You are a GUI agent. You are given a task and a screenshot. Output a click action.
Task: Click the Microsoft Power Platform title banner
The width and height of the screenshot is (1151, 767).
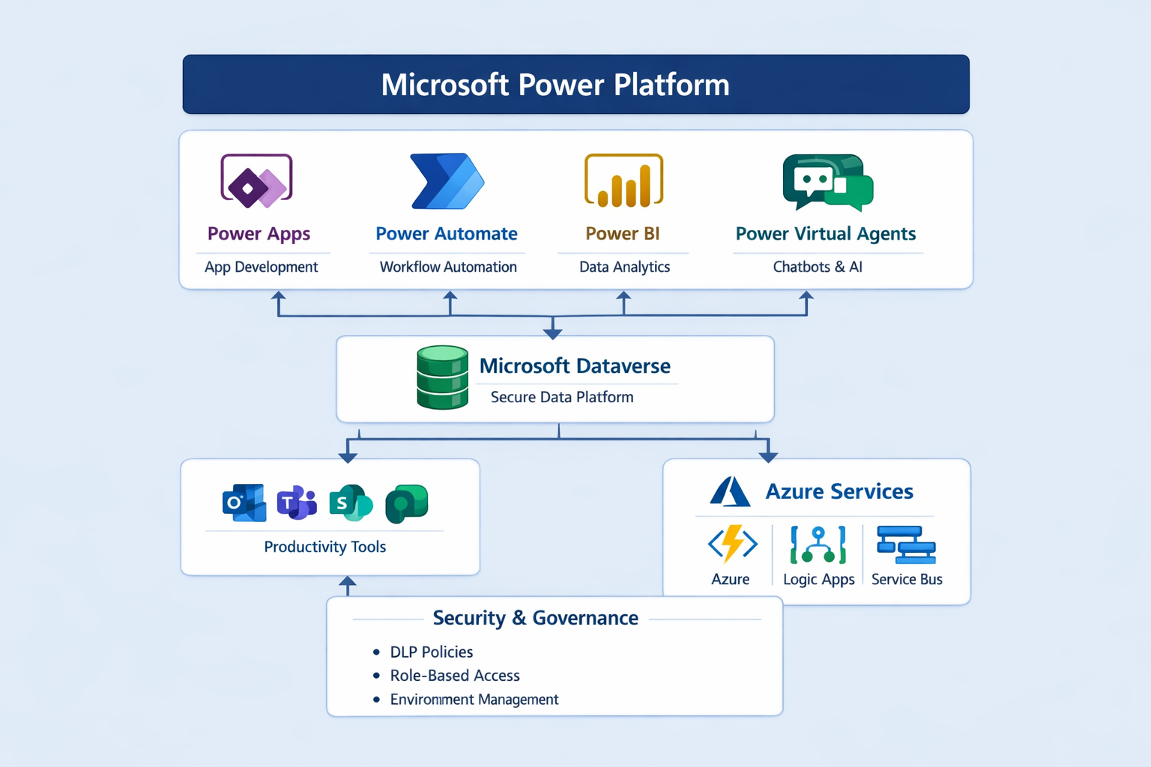pyautogui.click(x=575, y=85)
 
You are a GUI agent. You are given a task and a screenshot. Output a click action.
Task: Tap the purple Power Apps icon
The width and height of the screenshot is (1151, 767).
pyautogui.click(x=256, y=181)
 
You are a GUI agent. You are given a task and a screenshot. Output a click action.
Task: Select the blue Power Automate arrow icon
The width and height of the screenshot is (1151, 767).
pyautogui.click(x=447, y=181)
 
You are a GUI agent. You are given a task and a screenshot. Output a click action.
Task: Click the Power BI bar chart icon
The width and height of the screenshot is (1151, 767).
pyautogui.click(x=623, y=181)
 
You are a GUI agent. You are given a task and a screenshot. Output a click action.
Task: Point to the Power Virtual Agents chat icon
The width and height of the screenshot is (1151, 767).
pyautogui.click(x=827, y=183)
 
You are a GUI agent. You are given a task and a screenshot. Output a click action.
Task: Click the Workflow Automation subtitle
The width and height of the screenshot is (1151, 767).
pyautogui.click(x=448, y=267)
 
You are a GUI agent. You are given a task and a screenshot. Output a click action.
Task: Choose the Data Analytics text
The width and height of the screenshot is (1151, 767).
pyautogui.click(x=624, y=267)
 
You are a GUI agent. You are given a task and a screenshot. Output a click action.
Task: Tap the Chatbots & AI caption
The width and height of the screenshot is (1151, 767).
pyautogui.click(x=818, y=267)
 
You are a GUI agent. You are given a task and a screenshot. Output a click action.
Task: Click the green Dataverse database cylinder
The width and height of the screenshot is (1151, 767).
pyautogui.click(x=442, y=378)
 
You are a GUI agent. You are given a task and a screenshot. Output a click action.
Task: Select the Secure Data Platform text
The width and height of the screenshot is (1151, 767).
pyautogui.click(x=562, y=397)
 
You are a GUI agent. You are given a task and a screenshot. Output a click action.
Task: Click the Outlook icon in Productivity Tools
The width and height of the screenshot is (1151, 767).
pyautogui.click(x=244, y=503)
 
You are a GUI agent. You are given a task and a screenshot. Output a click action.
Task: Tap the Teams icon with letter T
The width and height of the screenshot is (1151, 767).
pyautogui.click(x=297, y=503)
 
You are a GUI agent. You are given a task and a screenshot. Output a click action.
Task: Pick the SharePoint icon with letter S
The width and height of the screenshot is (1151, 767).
pyautogui.click(x=350, y=503)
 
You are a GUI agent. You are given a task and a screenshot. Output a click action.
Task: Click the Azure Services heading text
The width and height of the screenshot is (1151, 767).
pyautogui.click(x=839, y=491)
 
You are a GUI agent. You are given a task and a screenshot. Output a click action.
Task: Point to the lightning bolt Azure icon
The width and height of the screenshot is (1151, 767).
pyautogui.click(x=732, y=544)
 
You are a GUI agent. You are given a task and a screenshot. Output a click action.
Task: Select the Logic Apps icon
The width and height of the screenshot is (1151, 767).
pyautogui.click(x=818, y=545)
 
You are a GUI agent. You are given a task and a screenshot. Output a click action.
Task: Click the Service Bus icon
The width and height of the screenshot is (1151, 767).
pyautogui.click(x=906, y=545)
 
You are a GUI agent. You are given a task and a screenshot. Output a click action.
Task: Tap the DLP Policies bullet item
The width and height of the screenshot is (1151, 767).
pyautogui.click(x=431, y=652)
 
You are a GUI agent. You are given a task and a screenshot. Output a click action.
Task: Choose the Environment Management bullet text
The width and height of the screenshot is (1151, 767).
pyautogui.click(x=474, y=700)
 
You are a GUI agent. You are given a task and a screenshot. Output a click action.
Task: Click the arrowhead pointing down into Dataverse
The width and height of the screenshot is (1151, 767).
pyautogui.click(x=553, y=333)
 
